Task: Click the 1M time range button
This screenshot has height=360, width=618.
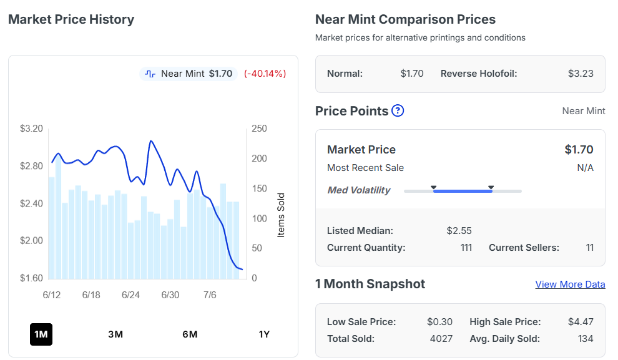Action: (x=41, y=334)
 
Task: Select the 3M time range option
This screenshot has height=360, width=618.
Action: (x=115, y=334)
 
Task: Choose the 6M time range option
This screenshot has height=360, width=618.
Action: (x=190, y=334)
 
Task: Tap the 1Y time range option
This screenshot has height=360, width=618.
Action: (x=264, y=334)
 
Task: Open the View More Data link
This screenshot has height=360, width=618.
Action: (x=570, y=285)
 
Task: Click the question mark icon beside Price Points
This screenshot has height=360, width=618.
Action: (x=398, y=110)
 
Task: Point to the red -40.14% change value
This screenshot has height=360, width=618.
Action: (x=265, y=74)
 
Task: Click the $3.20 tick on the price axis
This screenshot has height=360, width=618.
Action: (x=32, y=129)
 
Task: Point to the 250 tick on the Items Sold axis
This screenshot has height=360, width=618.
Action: (x=259, y=129)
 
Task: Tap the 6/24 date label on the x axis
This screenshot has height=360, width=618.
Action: (x=130, y=295)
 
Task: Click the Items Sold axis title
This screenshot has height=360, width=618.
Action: (x=281, y=215)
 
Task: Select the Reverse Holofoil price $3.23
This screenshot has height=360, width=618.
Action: (x=581, y=74)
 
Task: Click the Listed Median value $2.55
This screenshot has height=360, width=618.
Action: (x=459, y=231)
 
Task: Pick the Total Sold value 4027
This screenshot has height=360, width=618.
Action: (x=441, y=339)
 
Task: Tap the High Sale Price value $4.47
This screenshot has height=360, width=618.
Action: (x=581, y=322)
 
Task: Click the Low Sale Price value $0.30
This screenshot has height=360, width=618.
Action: (x=440, y=322)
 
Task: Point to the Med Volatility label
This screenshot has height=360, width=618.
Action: (x=359, y=190)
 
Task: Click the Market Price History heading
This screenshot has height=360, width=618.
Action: (x=71, y=19)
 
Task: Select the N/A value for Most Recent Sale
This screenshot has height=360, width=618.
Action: (x=586, y=168)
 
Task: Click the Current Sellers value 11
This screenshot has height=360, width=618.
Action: (x=590, y=248)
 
